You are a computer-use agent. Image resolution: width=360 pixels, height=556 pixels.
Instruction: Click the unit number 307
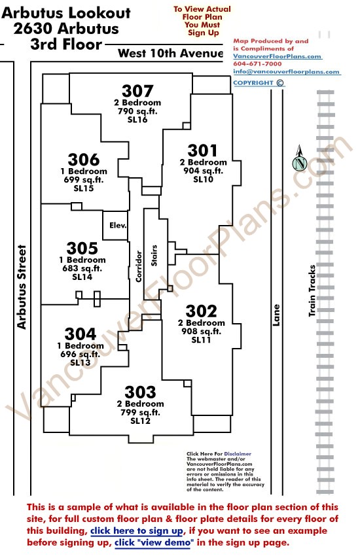pyautogui.click(x=137, y=91)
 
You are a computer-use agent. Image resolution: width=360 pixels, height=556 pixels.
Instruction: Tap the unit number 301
pyautogui.click(x=202, y=150)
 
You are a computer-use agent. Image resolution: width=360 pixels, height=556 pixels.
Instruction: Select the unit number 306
pyautogui.click(x=84, y=160)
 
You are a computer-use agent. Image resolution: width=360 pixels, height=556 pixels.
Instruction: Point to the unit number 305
pyautogui.click(x=82, y=249)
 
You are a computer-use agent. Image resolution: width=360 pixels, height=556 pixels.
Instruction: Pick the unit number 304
pyautogui.click(x=81, y=334)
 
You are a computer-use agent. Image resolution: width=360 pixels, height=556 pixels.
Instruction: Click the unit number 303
pyautogui.click(x=141, y=392)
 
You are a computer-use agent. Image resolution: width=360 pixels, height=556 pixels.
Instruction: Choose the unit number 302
pyautogui.click(x=202, y=311)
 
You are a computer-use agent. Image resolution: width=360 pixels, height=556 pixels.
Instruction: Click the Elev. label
pyautogui.click(x=118, y=226)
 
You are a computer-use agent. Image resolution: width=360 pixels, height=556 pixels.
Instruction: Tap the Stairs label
pyautogui.click(x=154, y=255)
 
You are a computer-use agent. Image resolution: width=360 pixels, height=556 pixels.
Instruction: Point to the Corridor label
pyautogui.click(x=139, y=267)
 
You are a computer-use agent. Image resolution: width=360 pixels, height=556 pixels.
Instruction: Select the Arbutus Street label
pyautogui.click(x=22, y=287)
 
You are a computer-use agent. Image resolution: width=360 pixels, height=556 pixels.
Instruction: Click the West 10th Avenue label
pyautogui.click(x=171, y=53)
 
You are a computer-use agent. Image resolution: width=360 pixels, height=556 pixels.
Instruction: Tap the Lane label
pyautogui.click(x=276, y=315)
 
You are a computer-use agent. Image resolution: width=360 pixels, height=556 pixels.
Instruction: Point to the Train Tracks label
pyautogui.click(x=312, y=291)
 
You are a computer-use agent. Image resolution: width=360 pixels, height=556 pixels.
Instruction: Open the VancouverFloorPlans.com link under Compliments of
pyautogui.click(x=278, y=56)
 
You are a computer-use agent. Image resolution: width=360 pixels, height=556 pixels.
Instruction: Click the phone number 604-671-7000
pyautogui.click(x=257, y=64)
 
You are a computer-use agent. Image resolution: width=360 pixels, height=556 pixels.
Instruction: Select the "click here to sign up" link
pyautogui.click(x=137, y=531)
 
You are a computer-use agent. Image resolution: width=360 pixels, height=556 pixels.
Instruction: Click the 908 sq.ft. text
pyautogui.click(x=202, y=332)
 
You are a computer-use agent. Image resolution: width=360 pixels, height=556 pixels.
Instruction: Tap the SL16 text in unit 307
pyautogui.click(x=137, y=120)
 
